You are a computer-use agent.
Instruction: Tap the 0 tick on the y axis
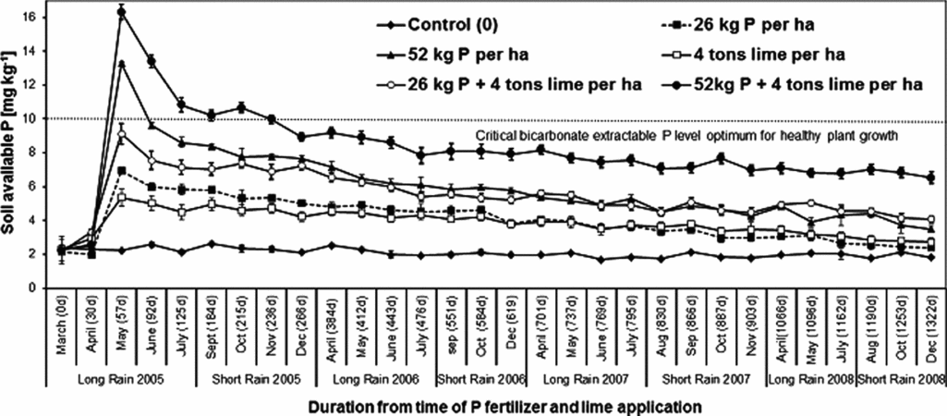pos(37,288)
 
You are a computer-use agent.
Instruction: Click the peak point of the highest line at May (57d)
pos(122,11)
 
